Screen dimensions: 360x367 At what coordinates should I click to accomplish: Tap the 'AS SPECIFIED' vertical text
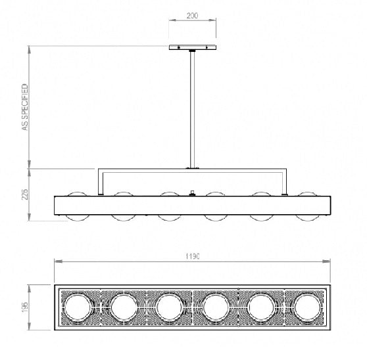(x=25, y=107)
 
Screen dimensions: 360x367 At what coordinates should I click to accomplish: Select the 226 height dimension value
(x=26, y=195)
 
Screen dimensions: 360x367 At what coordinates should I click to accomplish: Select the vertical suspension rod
(x=191, y=108)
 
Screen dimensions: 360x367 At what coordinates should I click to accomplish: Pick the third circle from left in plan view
(x=169, y=306)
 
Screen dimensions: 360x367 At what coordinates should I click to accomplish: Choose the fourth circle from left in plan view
(x=215, y=306)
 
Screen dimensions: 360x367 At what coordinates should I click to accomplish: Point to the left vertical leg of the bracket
(x=99, y=181)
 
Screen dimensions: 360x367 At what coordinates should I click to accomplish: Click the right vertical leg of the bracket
(x=285, y=181)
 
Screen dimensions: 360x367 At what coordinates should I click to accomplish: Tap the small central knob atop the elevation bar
(x=192, y=192)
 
